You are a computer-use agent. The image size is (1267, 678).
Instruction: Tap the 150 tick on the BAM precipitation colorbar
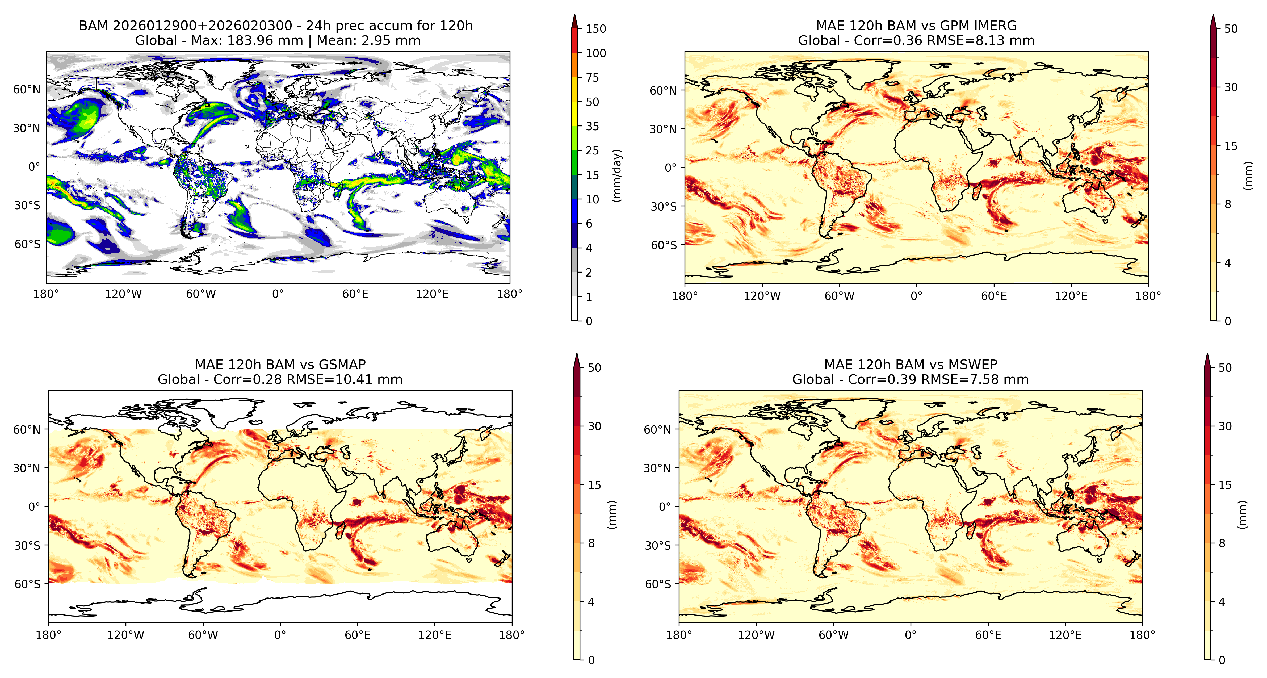click(x=596, y=28)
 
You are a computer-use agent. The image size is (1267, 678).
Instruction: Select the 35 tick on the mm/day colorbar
click(x=592, y=127)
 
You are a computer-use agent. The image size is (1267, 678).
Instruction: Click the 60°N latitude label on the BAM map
click(x=27, y=89)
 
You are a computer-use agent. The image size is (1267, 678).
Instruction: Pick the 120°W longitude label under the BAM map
click(x=123, y=294)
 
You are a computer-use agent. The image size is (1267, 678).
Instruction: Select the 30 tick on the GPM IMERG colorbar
click(x=1231, y=87)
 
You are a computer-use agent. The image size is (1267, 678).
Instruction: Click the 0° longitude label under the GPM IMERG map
click(x=916, y=296)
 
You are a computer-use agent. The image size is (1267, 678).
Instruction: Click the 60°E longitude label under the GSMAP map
click(x=358, y=635)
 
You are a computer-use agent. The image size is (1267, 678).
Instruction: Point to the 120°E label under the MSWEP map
click(x=1065, y=635)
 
